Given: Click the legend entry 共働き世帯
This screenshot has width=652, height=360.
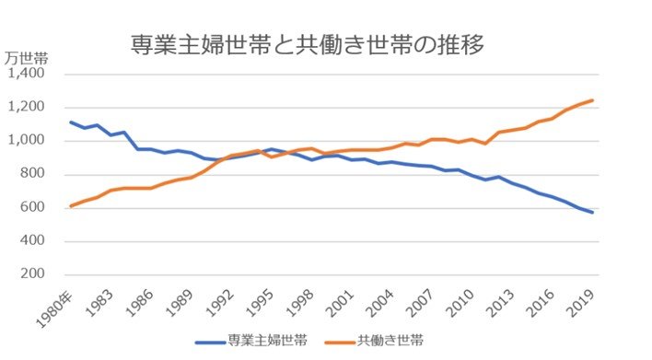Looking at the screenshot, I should [x=390, y=341].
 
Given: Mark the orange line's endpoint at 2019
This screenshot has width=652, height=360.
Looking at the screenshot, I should [x=592, y=100].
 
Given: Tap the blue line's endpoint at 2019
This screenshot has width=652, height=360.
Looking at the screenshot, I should [x=592, y=213].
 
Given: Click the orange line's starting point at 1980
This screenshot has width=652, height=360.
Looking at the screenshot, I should [x=72, y=206].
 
